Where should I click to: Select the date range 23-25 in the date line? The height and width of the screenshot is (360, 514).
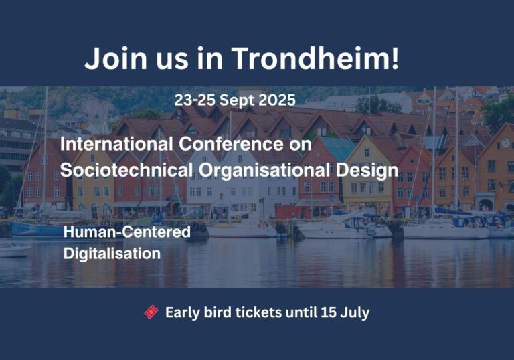[195, 100]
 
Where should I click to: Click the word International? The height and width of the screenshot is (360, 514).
[116, 144]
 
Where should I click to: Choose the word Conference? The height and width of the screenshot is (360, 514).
[232, 144]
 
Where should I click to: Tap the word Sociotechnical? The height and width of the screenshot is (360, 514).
[126, 170]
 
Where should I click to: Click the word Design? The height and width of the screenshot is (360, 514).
[367, 171]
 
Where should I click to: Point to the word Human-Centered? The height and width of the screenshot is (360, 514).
[127, 232]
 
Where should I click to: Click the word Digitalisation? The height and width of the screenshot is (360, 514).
[112, 254]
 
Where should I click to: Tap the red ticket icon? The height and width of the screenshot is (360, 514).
[151, 312]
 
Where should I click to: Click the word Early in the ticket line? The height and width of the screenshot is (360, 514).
[183, 312]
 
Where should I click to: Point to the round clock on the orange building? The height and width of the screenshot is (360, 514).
[505, 143]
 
